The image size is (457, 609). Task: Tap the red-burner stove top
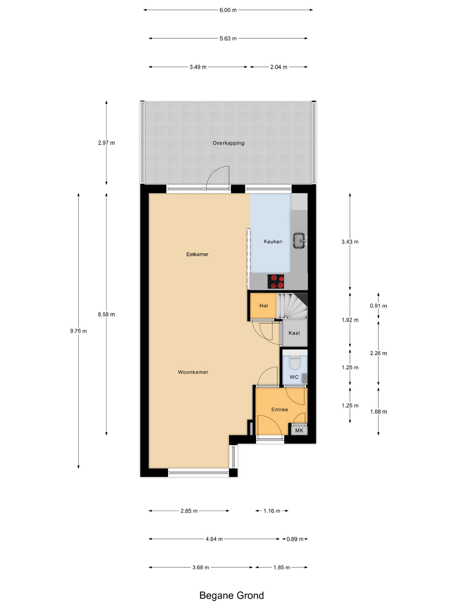tap(275, 281)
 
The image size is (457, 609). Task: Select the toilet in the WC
tap(294, 362)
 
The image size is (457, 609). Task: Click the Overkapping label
tap(228, 143)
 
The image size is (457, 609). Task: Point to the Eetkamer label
tap(197, 254)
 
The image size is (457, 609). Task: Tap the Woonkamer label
tap(193, 372)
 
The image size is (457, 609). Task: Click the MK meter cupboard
tap(299, 430)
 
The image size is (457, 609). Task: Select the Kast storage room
tap(294, 333)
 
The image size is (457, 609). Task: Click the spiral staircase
tap(292, 306)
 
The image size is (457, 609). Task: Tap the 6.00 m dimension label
tap(228, 10)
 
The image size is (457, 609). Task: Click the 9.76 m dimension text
tap(79, 331)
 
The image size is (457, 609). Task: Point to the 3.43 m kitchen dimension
tap(350, 242)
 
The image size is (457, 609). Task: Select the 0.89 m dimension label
tap(295, 539)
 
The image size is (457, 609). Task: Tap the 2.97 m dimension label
tap(106, 143)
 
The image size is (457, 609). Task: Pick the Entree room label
tap(280, 409)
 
